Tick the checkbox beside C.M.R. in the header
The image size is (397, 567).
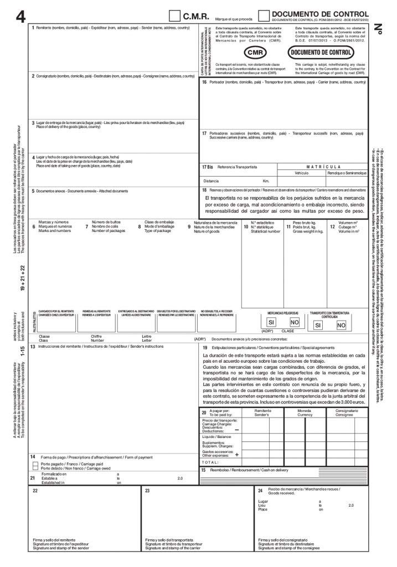[x=175, y=16]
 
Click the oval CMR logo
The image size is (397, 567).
[x=255, y=52]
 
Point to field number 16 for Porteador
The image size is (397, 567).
[x=204, y=82]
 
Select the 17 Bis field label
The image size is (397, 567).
[x=208, y=166]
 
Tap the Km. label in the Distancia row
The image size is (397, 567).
[x=266, y=181]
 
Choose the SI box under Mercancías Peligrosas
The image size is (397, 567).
[x=271, y=322]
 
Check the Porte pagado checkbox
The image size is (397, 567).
[x=36, y=463]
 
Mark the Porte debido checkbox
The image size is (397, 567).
[x=36, y=468]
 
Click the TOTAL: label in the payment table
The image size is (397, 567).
[x=211, y=462]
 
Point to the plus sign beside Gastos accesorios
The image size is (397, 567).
[x=237, y=454]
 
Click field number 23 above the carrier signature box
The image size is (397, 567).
[x=147, y=491]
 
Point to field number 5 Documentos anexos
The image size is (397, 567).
[x=33, y=191]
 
